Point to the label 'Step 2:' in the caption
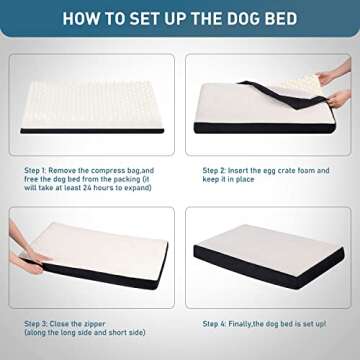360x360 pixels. point(220,169)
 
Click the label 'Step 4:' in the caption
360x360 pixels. point(220,323)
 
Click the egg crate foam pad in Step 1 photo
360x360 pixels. point(90,95)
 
